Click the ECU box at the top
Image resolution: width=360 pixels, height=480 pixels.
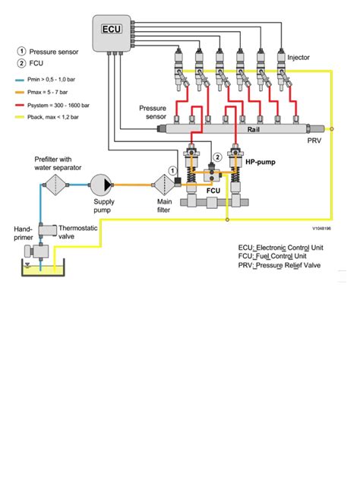click(112, 33)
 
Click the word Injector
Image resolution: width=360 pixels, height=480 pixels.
click(298, 57)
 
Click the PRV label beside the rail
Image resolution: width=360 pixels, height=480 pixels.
click(313, 141)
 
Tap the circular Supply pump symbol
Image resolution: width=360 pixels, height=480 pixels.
click(101, 183)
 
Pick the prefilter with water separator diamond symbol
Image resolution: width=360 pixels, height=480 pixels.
click(51, 183)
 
